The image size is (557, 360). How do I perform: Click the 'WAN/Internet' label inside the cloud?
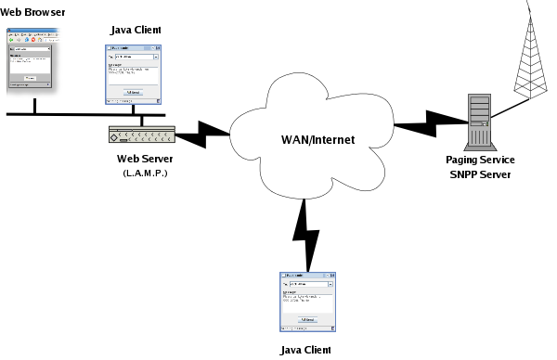(318, 139)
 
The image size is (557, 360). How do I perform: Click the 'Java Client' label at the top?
(135, 31)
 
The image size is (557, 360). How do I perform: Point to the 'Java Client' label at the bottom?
(305, 350)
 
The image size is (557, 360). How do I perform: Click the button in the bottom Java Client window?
(307, 320)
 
